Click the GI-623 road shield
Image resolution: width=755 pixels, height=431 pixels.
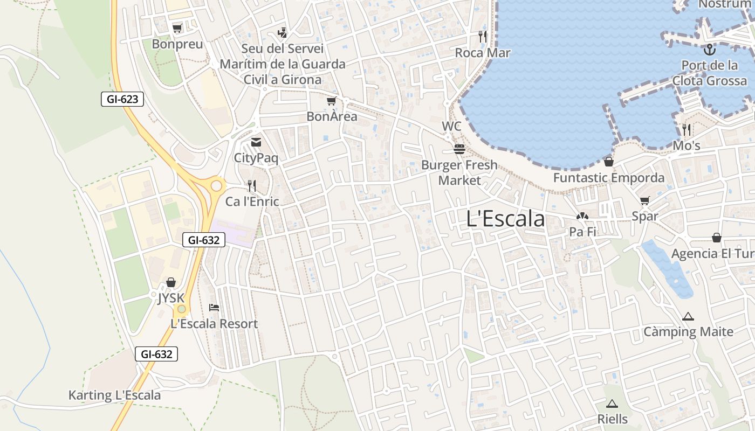122,99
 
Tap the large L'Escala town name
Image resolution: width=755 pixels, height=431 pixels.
505,219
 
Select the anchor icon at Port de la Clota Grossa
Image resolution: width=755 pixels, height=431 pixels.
710,50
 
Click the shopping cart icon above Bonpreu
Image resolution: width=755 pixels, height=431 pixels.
177,28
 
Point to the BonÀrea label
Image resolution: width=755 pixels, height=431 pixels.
332,116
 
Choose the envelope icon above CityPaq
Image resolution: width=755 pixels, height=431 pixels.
256,142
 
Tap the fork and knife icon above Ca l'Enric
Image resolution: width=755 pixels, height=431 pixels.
252,186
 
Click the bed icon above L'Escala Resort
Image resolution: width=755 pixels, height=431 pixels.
214,308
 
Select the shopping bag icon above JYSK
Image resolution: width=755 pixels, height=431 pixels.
171,282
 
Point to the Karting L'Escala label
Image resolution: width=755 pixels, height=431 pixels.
114,395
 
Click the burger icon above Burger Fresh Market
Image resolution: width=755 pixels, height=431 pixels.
459,149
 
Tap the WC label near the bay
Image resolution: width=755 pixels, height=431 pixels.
452,126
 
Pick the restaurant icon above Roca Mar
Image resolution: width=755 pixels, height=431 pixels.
483,37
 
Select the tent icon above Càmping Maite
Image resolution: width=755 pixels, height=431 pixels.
688,316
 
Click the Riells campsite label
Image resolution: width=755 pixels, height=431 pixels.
613,419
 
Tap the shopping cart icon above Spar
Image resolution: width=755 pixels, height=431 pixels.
644,201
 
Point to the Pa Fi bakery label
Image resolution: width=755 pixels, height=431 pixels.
582,232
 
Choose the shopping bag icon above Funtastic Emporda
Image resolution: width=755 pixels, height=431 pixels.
609,161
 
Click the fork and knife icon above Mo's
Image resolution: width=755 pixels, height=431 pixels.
687,129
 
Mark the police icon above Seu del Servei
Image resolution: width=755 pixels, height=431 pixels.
282,33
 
